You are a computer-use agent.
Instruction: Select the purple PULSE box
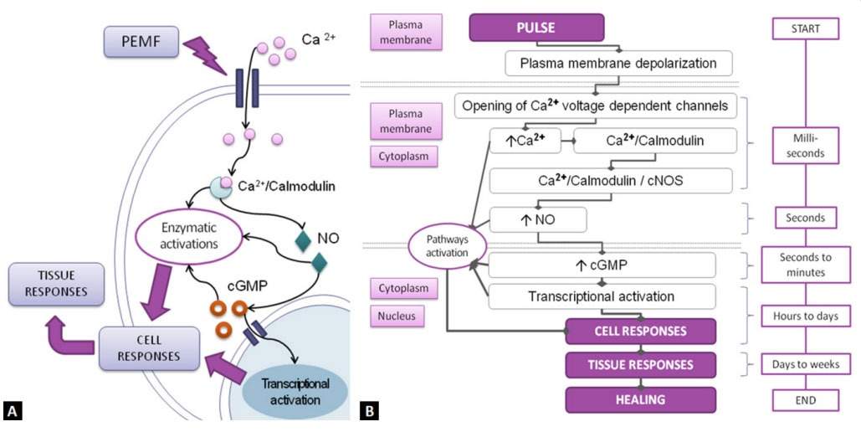tap(536, 27)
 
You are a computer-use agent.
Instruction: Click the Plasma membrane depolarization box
tap(618, 64)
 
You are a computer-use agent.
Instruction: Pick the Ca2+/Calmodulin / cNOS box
tap(611, 179)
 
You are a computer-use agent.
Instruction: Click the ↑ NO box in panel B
tap(537, 220)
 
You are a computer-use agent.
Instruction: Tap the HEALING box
tap(641, 399)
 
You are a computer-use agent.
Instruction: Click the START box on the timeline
tap(804, 28)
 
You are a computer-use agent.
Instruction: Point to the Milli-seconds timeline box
tap(804, 145)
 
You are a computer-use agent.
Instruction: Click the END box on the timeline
tap(804, 399)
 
